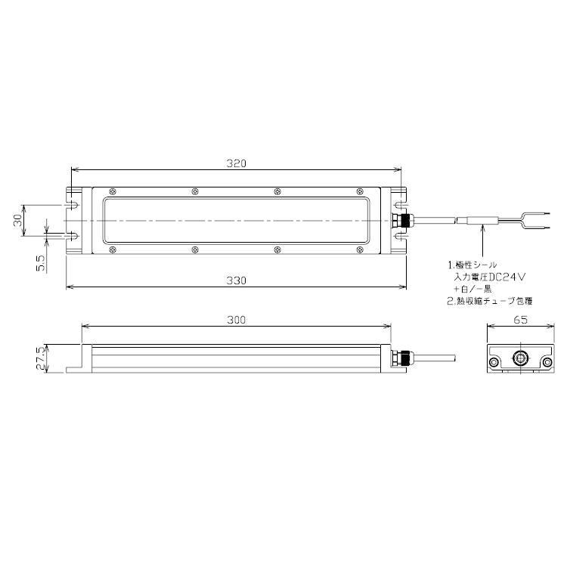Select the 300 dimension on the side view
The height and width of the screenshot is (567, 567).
(x=236, y=320)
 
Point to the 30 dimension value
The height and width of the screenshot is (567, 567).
(x=17, y=220)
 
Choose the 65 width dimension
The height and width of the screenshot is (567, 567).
(x=519, y=320)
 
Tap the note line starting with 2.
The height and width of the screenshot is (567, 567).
(x=485, y=300)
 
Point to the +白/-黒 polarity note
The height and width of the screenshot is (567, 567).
(x=472, y=289)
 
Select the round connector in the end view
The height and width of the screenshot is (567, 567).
(x=519, y=358)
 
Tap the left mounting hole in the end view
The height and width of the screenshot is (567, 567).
(x=494, y=364)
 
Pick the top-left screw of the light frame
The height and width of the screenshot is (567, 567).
(x=112, y=191)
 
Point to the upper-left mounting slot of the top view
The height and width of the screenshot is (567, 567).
(x=73, y=204)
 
